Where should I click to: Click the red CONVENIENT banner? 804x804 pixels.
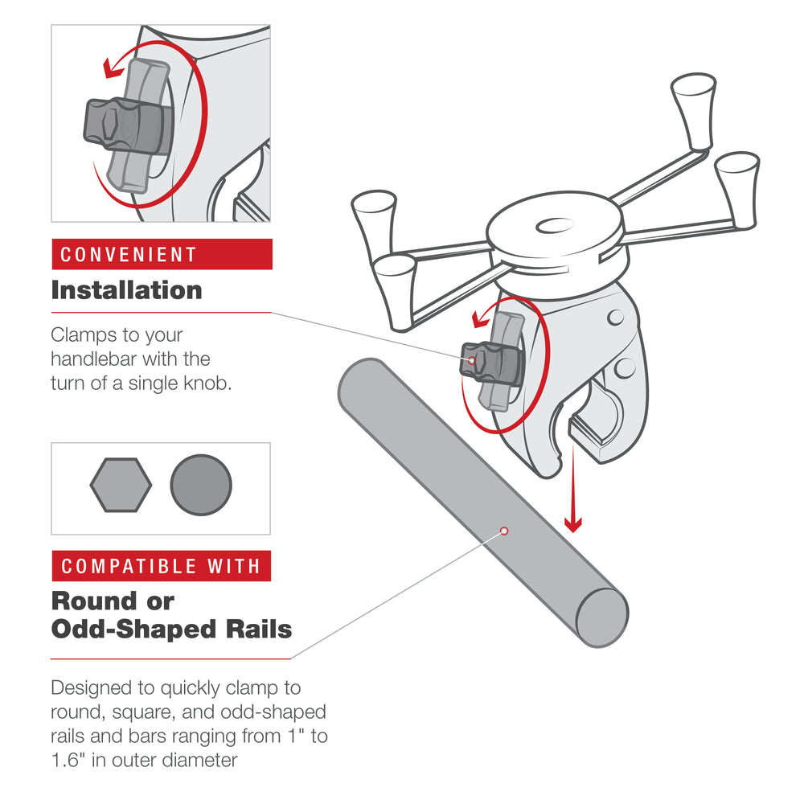click(x=162, y=255)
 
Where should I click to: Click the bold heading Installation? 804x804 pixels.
click(x=126, y=290)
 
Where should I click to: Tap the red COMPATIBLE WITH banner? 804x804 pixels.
click(x=161, y=566)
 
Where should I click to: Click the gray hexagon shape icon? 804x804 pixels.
click(x=121, y=485)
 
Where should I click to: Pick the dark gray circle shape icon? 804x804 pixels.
click(x=201, y=485)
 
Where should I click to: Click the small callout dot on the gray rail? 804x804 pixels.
click(x=504, y=531)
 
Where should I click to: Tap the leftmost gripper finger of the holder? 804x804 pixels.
click(x=374, y=215)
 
